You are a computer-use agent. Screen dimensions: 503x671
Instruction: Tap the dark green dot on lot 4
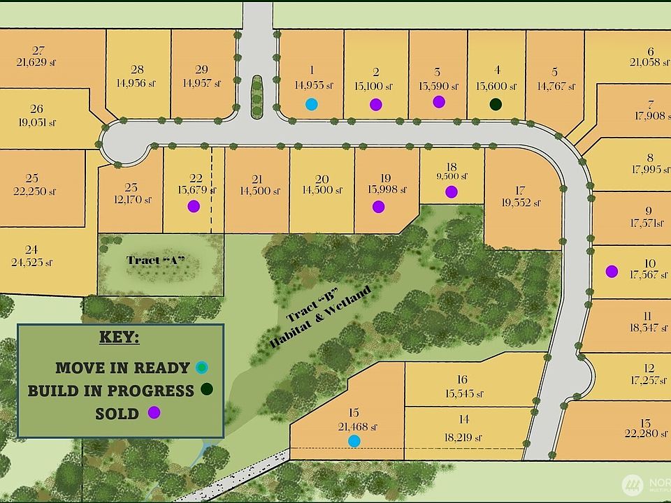tap(496, 104)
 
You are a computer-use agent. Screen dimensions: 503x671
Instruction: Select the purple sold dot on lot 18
tap(451, 191)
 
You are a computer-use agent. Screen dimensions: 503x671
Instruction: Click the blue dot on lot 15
tap(354, 440)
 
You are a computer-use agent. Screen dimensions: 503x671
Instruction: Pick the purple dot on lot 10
tap(612, 271)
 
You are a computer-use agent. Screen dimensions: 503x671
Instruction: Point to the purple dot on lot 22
tap(194, 206)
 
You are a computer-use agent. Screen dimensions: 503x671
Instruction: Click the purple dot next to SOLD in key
tap(154, 412)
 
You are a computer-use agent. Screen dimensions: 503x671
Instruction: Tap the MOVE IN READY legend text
tap(122, 367)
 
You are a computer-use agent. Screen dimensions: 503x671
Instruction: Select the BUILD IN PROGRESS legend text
tap(110, 391)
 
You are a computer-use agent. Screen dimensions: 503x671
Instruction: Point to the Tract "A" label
tap(156, 261)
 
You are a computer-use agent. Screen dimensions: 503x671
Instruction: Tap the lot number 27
tap(38, 50)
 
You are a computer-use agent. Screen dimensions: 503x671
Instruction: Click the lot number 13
tap(644, 423)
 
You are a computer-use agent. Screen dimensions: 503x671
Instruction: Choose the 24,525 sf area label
tap(31, 263)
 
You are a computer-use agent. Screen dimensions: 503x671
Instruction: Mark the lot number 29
tap(201, 69)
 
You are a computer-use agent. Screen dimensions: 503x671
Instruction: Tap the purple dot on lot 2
tap(376, 104)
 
